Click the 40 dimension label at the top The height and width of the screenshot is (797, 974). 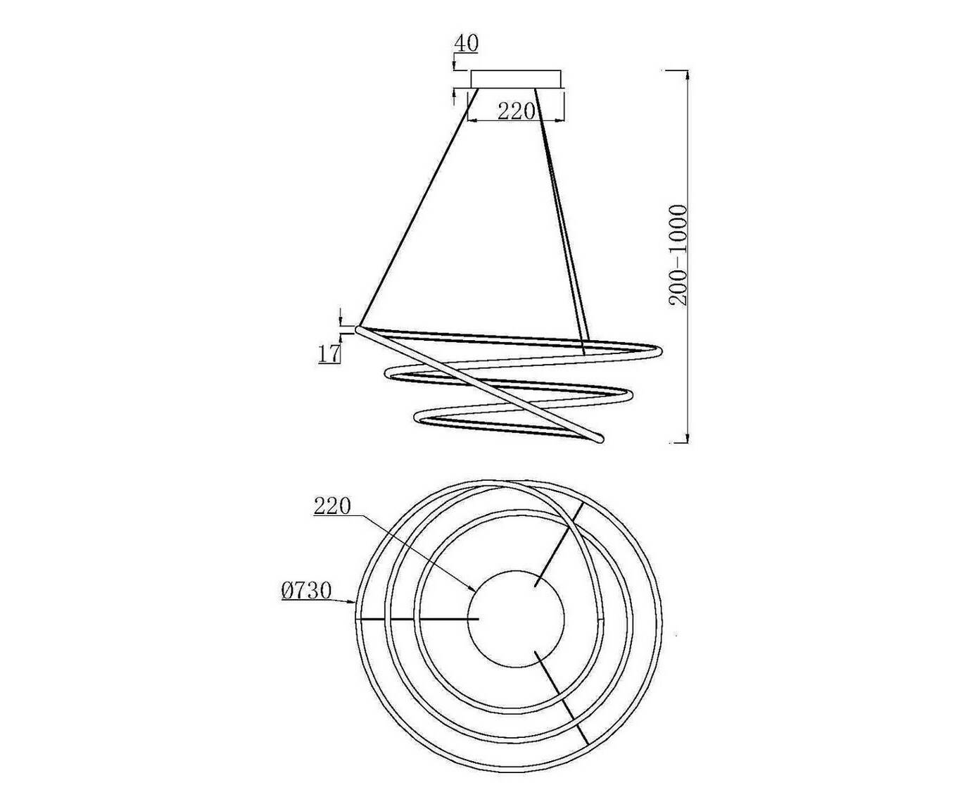tap(467, 44)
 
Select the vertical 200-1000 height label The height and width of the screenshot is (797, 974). tap(678, 255)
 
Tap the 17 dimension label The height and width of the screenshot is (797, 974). tap(329, 354)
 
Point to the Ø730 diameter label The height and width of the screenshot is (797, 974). tap(306, 591)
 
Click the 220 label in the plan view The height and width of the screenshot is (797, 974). tap(332, 507)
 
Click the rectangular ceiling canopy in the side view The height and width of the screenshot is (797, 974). tap(515, 79)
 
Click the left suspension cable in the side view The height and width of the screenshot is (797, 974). tap(419, 207)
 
